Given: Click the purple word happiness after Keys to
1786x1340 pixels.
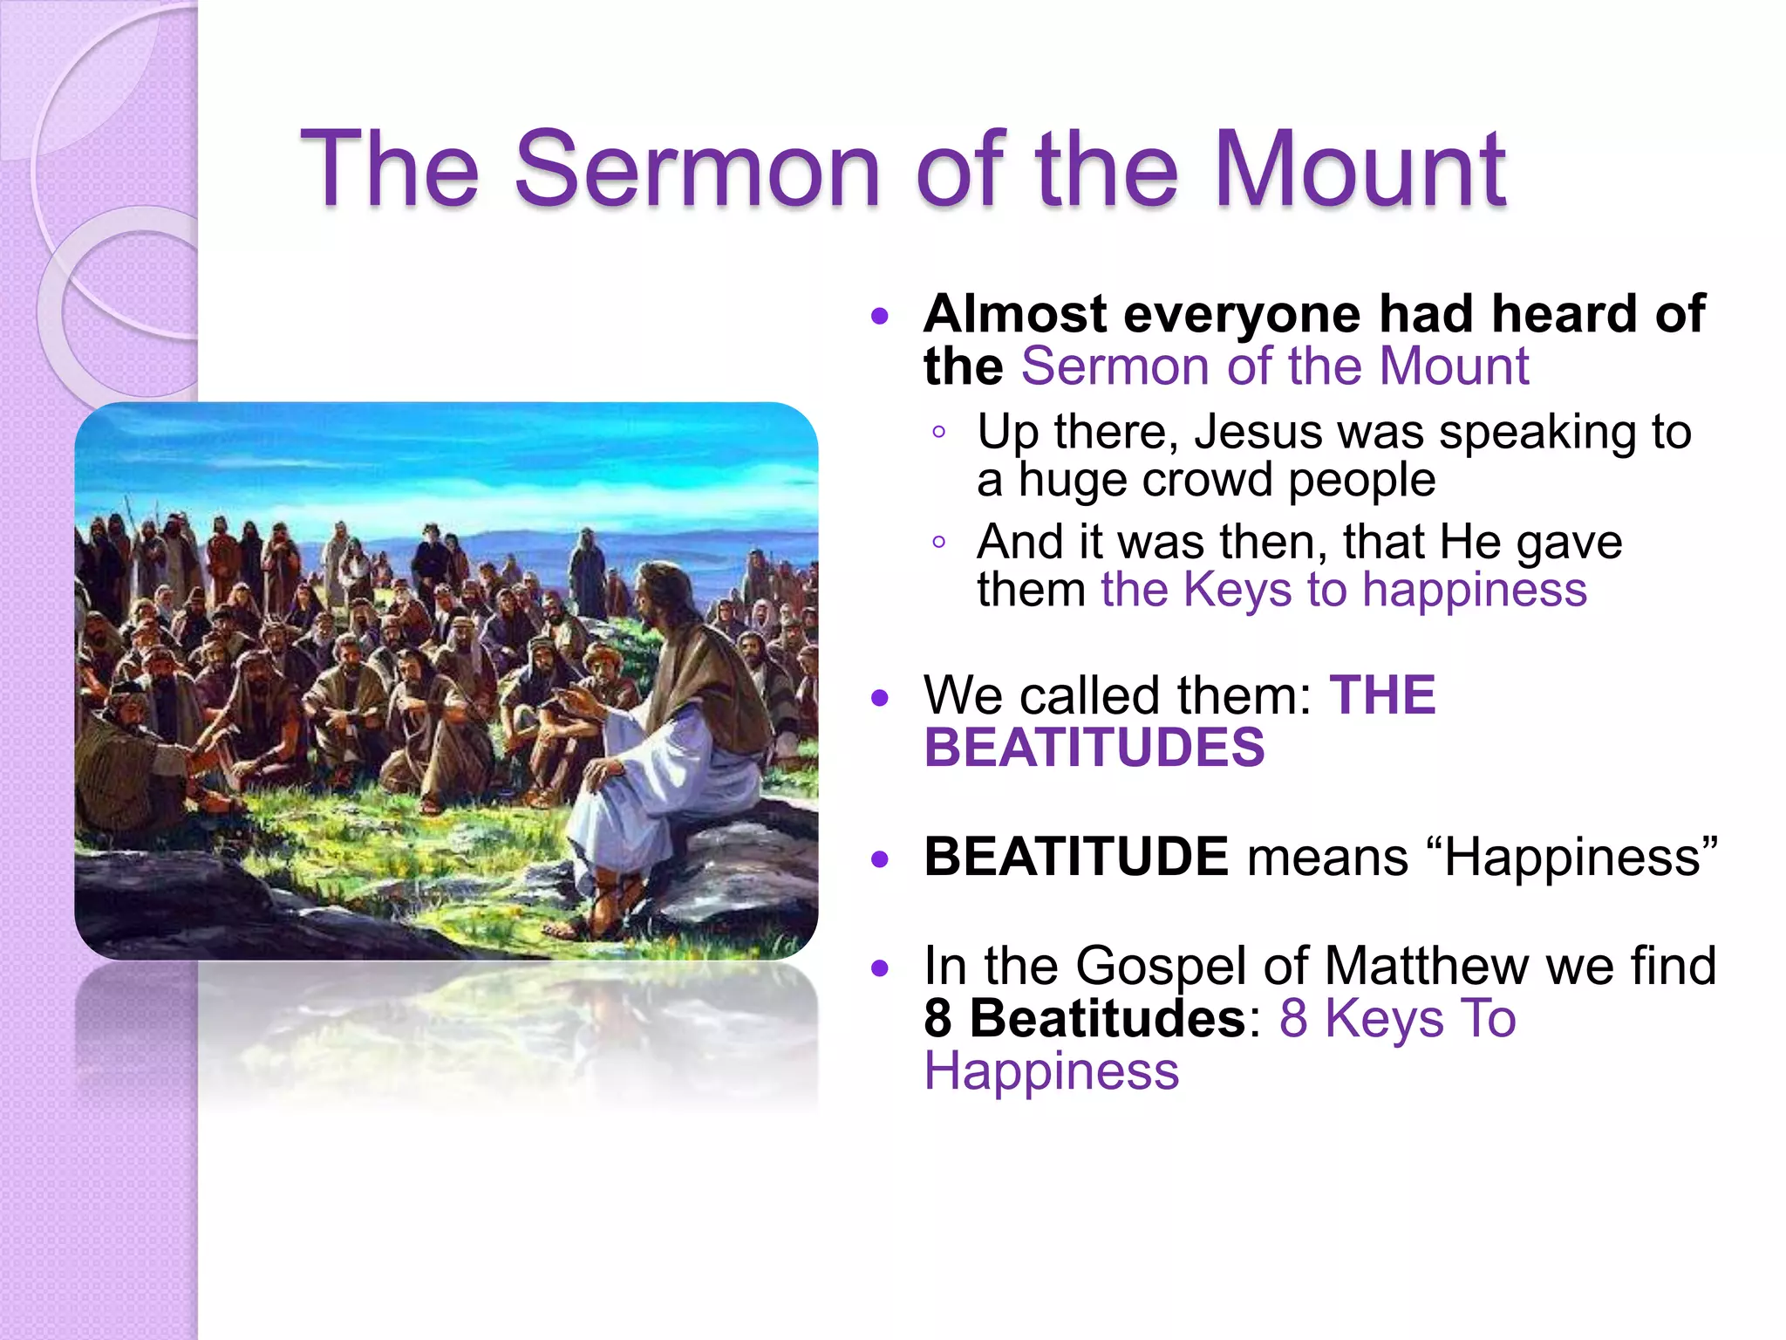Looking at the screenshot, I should [1474, 590].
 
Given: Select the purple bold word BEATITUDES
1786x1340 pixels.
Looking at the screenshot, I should [1094, 749].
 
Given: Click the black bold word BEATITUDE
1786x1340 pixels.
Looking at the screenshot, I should [1076, 857].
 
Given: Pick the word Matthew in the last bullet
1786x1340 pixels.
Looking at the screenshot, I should [1425, 966].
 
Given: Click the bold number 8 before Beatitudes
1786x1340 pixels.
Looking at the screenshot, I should [938, 1018].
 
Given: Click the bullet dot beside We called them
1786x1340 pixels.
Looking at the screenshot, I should [880, 698].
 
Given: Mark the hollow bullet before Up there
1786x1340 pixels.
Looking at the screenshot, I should [938, 433].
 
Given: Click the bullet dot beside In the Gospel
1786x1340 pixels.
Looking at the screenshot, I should [880, 967].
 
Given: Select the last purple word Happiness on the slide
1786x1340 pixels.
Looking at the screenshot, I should [1051, 1071].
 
